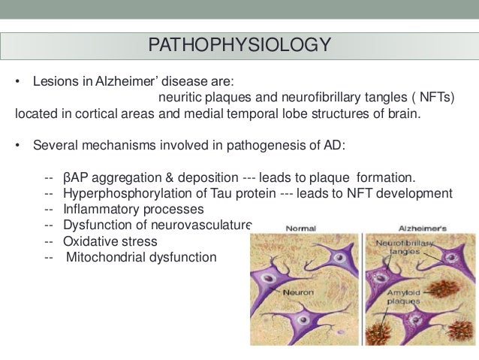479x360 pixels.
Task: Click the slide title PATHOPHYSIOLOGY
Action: coord(239,45)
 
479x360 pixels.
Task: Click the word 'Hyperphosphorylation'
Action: coord(125,193)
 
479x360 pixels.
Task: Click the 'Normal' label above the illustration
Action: coord(300,228)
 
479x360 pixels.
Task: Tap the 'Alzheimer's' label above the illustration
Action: coord(421,228)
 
